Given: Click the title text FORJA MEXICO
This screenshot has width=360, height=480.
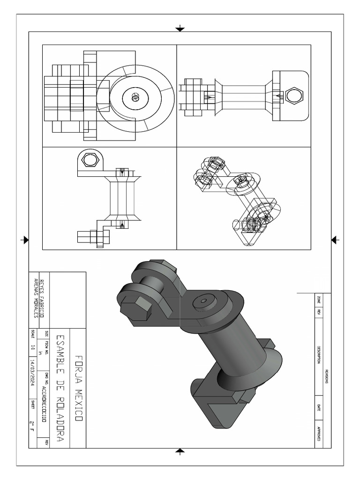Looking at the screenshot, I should pos(79,383).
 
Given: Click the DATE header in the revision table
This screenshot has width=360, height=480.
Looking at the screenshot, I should pos(319,408).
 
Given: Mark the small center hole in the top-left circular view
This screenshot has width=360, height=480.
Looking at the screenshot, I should pos(135,97).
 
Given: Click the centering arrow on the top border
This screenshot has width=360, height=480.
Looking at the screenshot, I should pos(180,29).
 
